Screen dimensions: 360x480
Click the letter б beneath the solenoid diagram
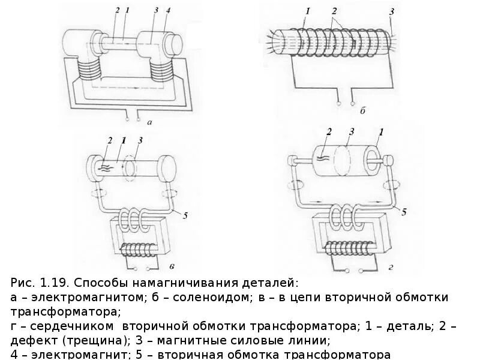tap(362, 110)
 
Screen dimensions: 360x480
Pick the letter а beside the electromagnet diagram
tap(149, 122)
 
